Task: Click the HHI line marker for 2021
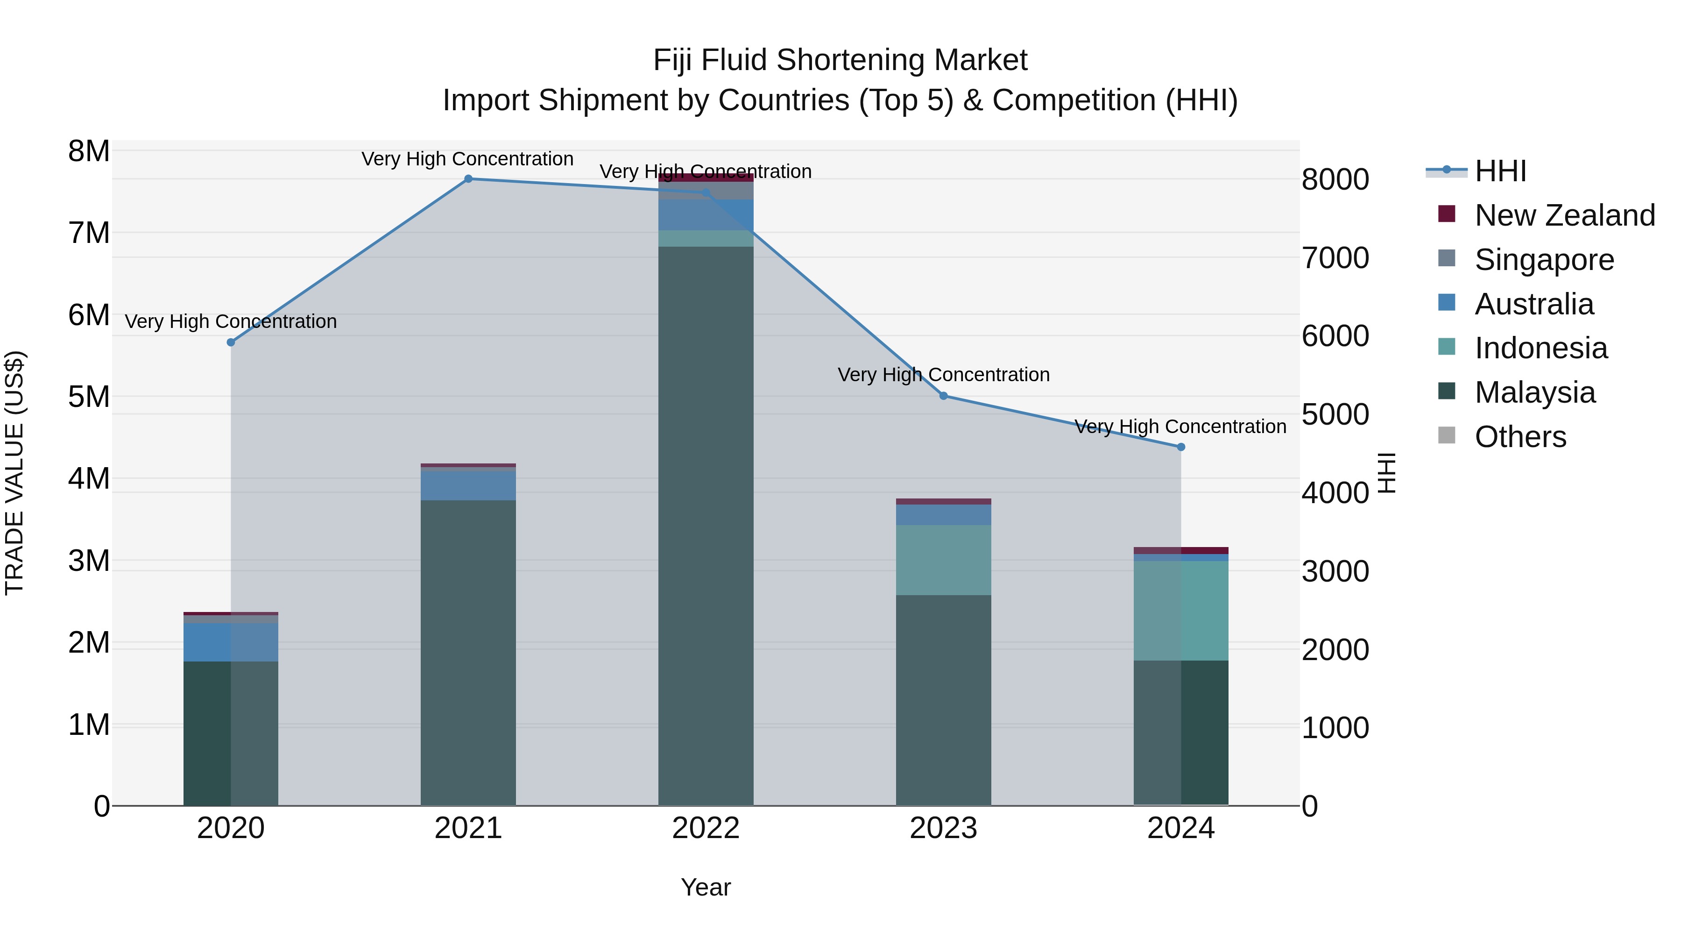tap(468, 179)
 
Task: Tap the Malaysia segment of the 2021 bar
tap(468, 653)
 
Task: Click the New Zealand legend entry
tap(1564, 215)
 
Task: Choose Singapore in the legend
tap(1544, 260)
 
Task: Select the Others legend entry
tap(1520, 437)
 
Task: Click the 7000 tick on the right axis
tap(1335, 258)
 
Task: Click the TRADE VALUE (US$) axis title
tap(15, 473)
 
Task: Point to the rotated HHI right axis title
tap(1387, 473)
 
